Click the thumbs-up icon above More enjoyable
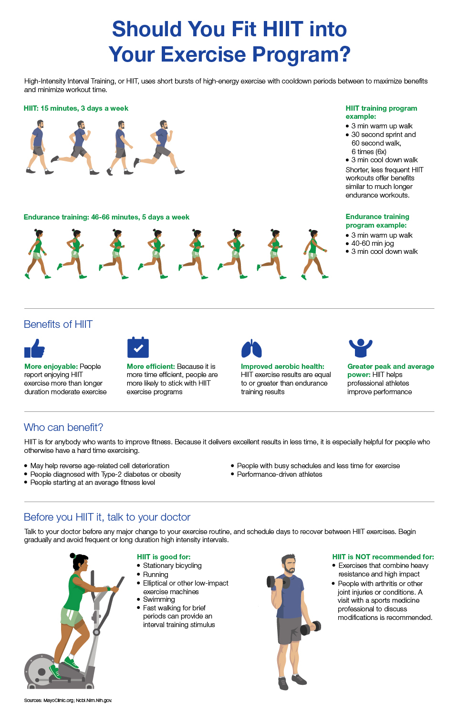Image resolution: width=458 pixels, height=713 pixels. coord(34,348)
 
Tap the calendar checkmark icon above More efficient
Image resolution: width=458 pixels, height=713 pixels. coord(138,347)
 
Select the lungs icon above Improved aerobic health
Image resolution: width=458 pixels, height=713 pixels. coord(251,349)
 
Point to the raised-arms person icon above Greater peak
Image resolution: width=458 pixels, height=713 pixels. coord(360,348)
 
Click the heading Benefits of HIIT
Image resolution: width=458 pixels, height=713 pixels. coord(58,325)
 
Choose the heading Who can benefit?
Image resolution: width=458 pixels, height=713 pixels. coord(63,428)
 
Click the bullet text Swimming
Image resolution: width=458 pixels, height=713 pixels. coord(159,599)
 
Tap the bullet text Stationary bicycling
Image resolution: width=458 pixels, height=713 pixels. coord(172,566)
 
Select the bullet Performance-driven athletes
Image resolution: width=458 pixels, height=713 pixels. coord(280,474)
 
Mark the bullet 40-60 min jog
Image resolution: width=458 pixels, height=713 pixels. coord(373,243)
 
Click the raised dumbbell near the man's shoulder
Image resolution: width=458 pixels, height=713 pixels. coord(272,582)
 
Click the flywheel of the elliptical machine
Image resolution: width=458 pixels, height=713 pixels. coord(42,671)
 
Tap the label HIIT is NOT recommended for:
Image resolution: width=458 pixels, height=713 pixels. coord(383,557)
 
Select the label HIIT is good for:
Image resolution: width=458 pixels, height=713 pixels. coord(164,557)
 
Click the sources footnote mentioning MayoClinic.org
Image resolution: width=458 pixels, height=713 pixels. coord(68,700)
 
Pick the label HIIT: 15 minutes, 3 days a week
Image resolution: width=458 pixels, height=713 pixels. coord(76,108)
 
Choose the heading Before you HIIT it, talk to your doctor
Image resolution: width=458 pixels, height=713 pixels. coord(107,517)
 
